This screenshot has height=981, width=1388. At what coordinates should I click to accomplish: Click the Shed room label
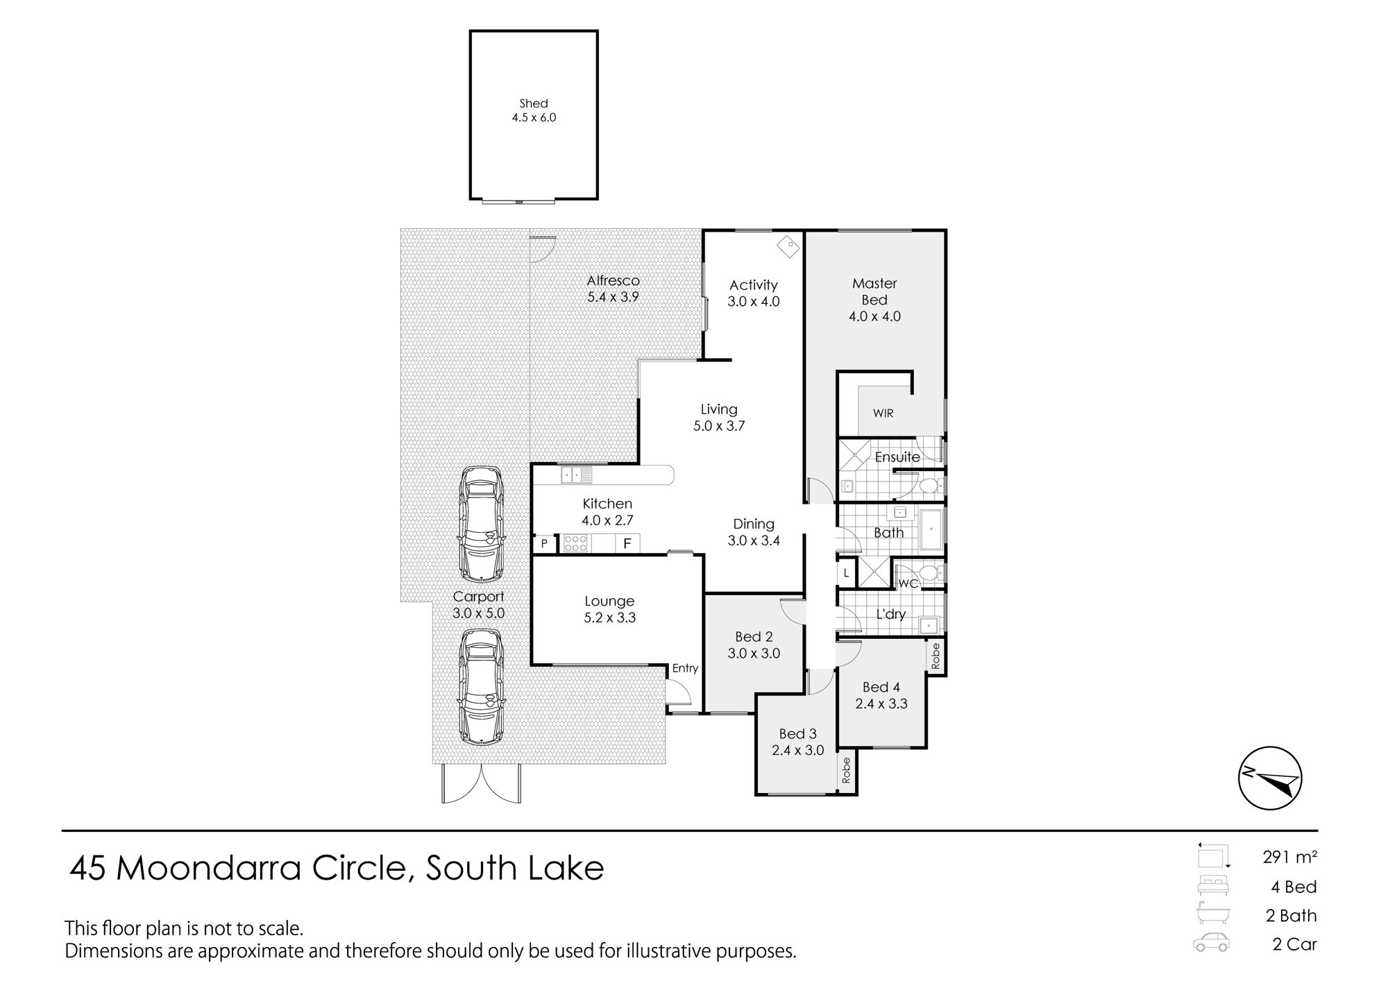[x=534, y=104]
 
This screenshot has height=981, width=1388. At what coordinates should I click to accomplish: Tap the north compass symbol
[x=1270, y=778]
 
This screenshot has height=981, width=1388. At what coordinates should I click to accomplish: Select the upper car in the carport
[x=481, y=524]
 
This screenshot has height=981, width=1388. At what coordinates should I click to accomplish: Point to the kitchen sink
[x=577, y=475]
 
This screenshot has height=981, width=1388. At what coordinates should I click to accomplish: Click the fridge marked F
[x=627, y=543]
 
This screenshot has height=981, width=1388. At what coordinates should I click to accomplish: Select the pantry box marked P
[x=544, y=544]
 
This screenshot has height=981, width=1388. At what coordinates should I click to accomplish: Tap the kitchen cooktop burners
[x=575, y=543]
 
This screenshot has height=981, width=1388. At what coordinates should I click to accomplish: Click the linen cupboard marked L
[x=847, y=574]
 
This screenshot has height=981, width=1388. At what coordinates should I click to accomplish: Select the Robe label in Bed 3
[x=846, y=770]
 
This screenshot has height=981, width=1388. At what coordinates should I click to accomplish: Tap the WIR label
[x=883, y=413]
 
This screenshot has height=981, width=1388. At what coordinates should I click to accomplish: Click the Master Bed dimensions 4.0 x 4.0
[x=874, y=316]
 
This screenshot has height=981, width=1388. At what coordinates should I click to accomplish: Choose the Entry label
[x=685, y=668]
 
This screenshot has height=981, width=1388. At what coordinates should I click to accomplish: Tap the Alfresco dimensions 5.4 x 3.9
[x=613, y=297]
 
